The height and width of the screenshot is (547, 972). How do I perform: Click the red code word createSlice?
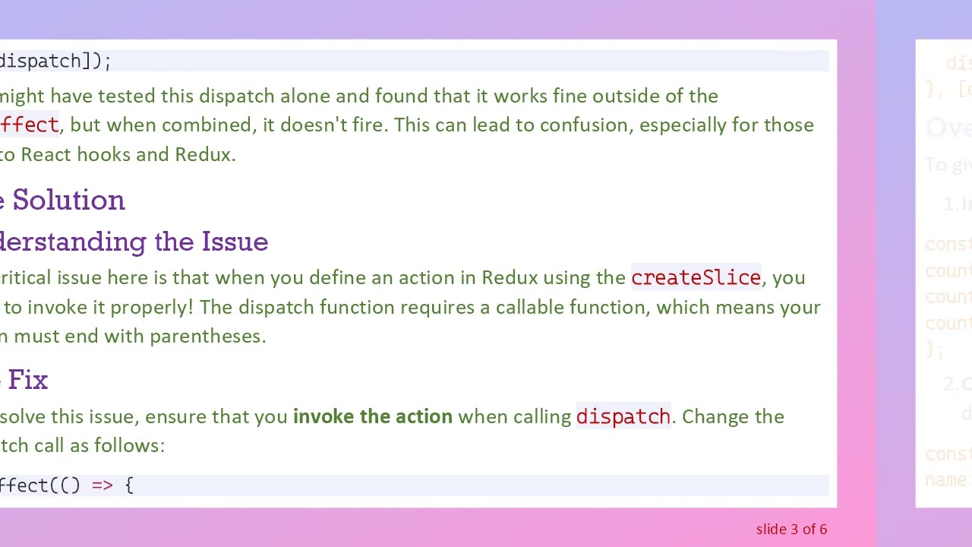(696, 278)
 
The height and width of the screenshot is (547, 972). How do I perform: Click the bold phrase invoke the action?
(372, 416)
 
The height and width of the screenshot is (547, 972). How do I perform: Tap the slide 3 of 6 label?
(791, 530)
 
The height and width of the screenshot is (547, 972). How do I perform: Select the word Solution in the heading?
(68, 201)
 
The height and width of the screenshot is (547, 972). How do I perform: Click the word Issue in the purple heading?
(235, 242)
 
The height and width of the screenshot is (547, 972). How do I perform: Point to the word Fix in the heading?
(28, 380)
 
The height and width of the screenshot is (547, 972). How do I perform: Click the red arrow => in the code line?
(102, 485)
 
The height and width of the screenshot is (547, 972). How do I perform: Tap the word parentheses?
(207, 337)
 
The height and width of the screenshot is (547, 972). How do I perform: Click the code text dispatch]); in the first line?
(55, 62)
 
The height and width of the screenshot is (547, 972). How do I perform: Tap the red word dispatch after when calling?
(623, 417)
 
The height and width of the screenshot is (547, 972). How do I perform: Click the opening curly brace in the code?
(129, 485)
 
